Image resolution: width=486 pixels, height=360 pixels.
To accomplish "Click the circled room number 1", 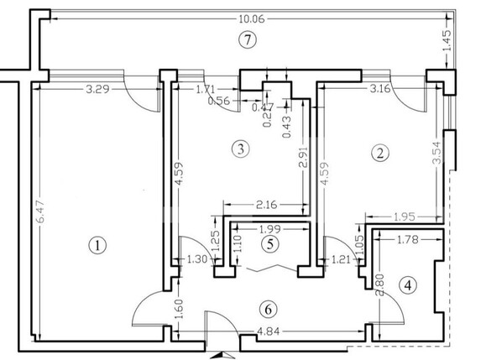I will pos(98,246).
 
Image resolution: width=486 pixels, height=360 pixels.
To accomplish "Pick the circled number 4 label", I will pos(408,285).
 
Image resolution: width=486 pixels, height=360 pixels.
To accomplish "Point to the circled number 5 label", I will pos(268,245).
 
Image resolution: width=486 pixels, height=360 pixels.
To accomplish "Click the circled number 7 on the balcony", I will pos(246,39).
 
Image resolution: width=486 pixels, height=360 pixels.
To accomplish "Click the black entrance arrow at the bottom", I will pos(221,355).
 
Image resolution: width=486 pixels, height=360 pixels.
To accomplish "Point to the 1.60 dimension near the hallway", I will pos(180,307).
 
